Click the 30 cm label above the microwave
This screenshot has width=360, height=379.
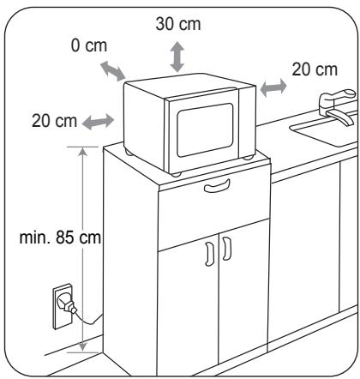(x=178, y=24)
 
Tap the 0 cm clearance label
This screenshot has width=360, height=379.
(x=89, y=45)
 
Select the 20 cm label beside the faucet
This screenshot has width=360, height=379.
(x=315, y=69)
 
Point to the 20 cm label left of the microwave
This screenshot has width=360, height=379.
(x=54, y=121)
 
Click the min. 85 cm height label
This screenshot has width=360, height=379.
(x=60, y=238)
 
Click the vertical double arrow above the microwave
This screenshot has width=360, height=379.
(x=177, y=57)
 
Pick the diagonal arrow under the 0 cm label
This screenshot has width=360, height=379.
(x=113, y=70)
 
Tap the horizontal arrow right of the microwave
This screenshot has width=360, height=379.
(x=273, y=87)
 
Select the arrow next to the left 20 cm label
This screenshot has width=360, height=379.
(x=98, y=122)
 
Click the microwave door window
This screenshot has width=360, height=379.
(x=205, y=130)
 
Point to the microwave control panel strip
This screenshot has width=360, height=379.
(x=246, y=123)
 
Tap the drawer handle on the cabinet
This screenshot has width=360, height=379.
(x=217, y=186)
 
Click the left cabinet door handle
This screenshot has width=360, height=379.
(x=209, y=254)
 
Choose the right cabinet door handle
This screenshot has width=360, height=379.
(x=227, y=249)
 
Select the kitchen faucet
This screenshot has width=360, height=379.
(x=338, y=107)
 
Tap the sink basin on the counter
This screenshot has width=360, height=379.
(x=326, y=130)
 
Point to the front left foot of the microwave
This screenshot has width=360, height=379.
(x=177, y=174)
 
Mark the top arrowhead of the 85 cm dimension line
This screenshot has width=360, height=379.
(x=82, y=152)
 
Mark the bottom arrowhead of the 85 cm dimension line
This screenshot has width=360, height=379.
(x=82, y=346)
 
